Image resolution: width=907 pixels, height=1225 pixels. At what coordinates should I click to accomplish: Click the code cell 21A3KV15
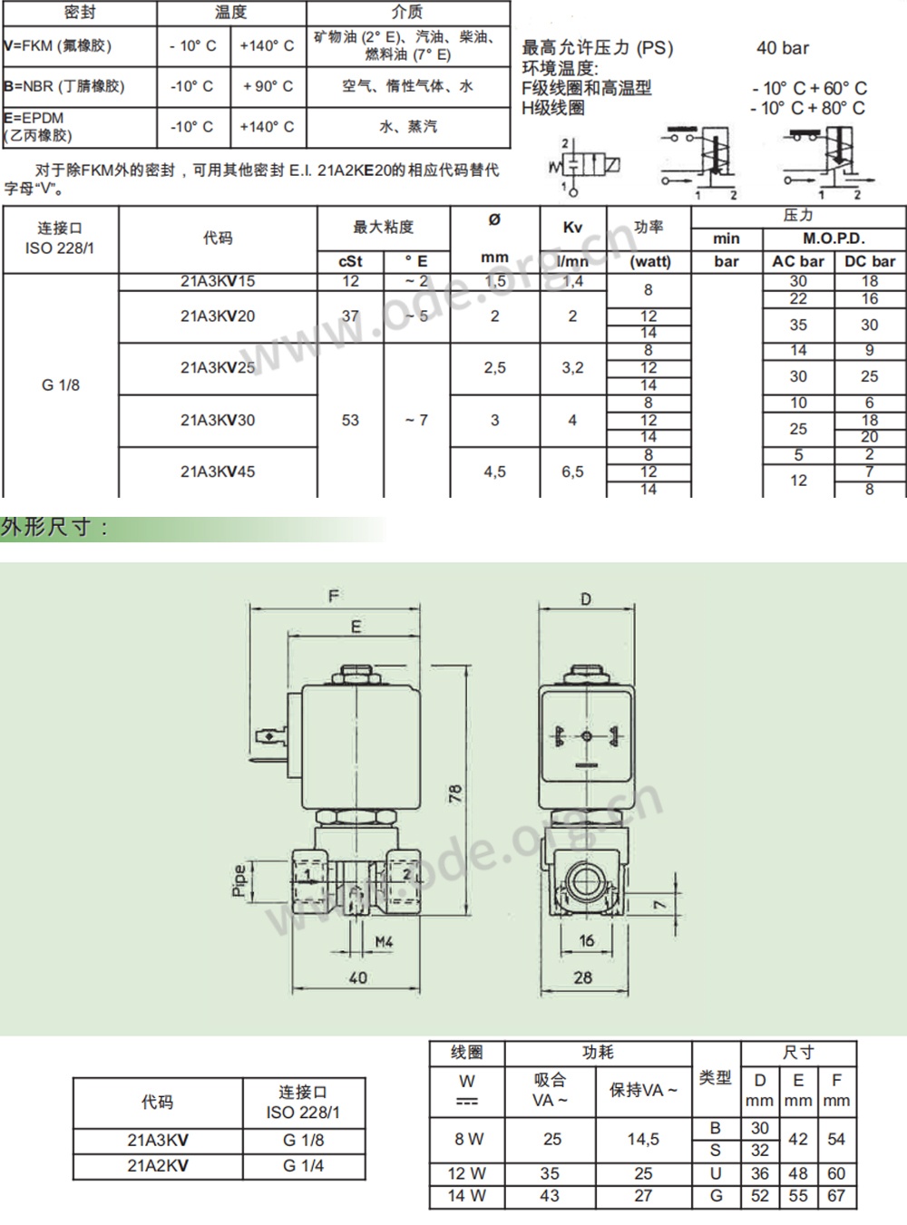218,281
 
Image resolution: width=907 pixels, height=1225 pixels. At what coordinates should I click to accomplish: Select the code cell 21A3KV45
218,472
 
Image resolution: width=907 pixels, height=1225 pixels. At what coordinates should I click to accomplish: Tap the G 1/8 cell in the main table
61,384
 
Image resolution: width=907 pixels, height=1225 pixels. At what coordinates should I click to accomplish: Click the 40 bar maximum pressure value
783,48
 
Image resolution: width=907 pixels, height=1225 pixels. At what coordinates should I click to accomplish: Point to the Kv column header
572,228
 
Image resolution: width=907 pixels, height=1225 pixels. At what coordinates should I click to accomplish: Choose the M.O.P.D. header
834,238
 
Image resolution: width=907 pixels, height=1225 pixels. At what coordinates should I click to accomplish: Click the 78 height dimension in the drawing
455,793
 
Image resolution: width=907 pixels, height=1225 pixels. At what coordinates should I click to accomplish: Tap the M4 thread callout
385,942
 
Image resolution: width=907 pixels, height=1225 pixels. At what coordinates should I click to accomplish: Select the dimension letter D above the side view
585,598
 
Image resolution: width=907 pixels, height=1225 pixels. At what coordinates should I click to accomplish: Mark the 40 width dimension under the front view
358,977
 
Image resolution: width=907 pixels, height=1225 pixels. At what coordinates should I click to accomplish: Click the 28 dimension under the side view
583,977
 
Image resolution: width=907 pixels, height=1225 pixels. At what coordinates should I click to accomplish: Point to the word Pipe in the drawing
239,880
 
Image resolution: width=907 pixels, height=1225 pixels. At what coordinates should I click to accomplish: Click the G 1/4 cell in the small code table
303,1166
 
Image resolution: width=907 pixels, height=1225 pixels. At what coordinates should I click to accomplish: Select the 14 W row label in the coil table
466,1196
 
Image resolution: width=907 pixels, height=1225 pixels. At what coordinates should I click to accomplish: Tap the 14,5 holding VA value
643,1139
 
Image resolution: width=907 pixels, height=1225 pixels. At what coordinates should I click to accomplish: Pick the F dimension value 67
836,1196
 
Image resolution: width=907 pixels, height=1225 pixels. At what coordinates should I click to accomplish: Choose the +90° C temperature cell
268,86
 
